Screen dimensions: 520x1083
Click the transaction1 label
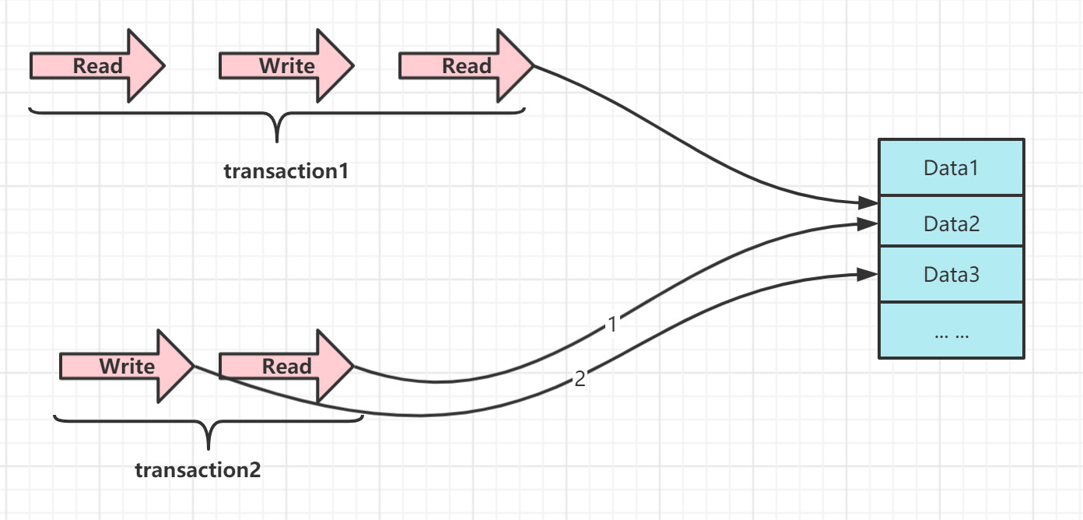[286, 171]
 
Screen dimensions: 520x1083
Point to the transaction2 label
[198, 470]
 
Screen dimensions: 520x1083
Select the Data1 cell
[951, 167]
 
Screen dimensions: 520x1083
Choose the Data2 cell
[951, 223]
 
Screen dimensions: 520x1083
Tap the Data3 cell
[951, 274]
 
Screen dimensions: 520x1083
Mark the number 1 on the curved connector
[612, 325]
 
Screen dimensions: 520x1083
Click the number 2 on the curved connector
[580, 380]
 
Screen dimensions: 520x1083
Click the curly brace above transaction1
[277, 121]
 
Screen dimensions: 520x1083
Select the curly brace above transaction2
[209, 428]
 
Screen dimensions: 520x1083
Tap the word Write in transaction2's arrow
[127, 366]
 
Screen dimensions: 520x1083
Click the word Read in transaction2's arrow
[286, 366]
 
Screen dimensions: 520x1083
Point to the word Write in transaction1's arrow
[286, 66]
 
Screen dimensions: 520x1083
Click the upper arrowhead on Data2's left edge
[868, 203]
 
